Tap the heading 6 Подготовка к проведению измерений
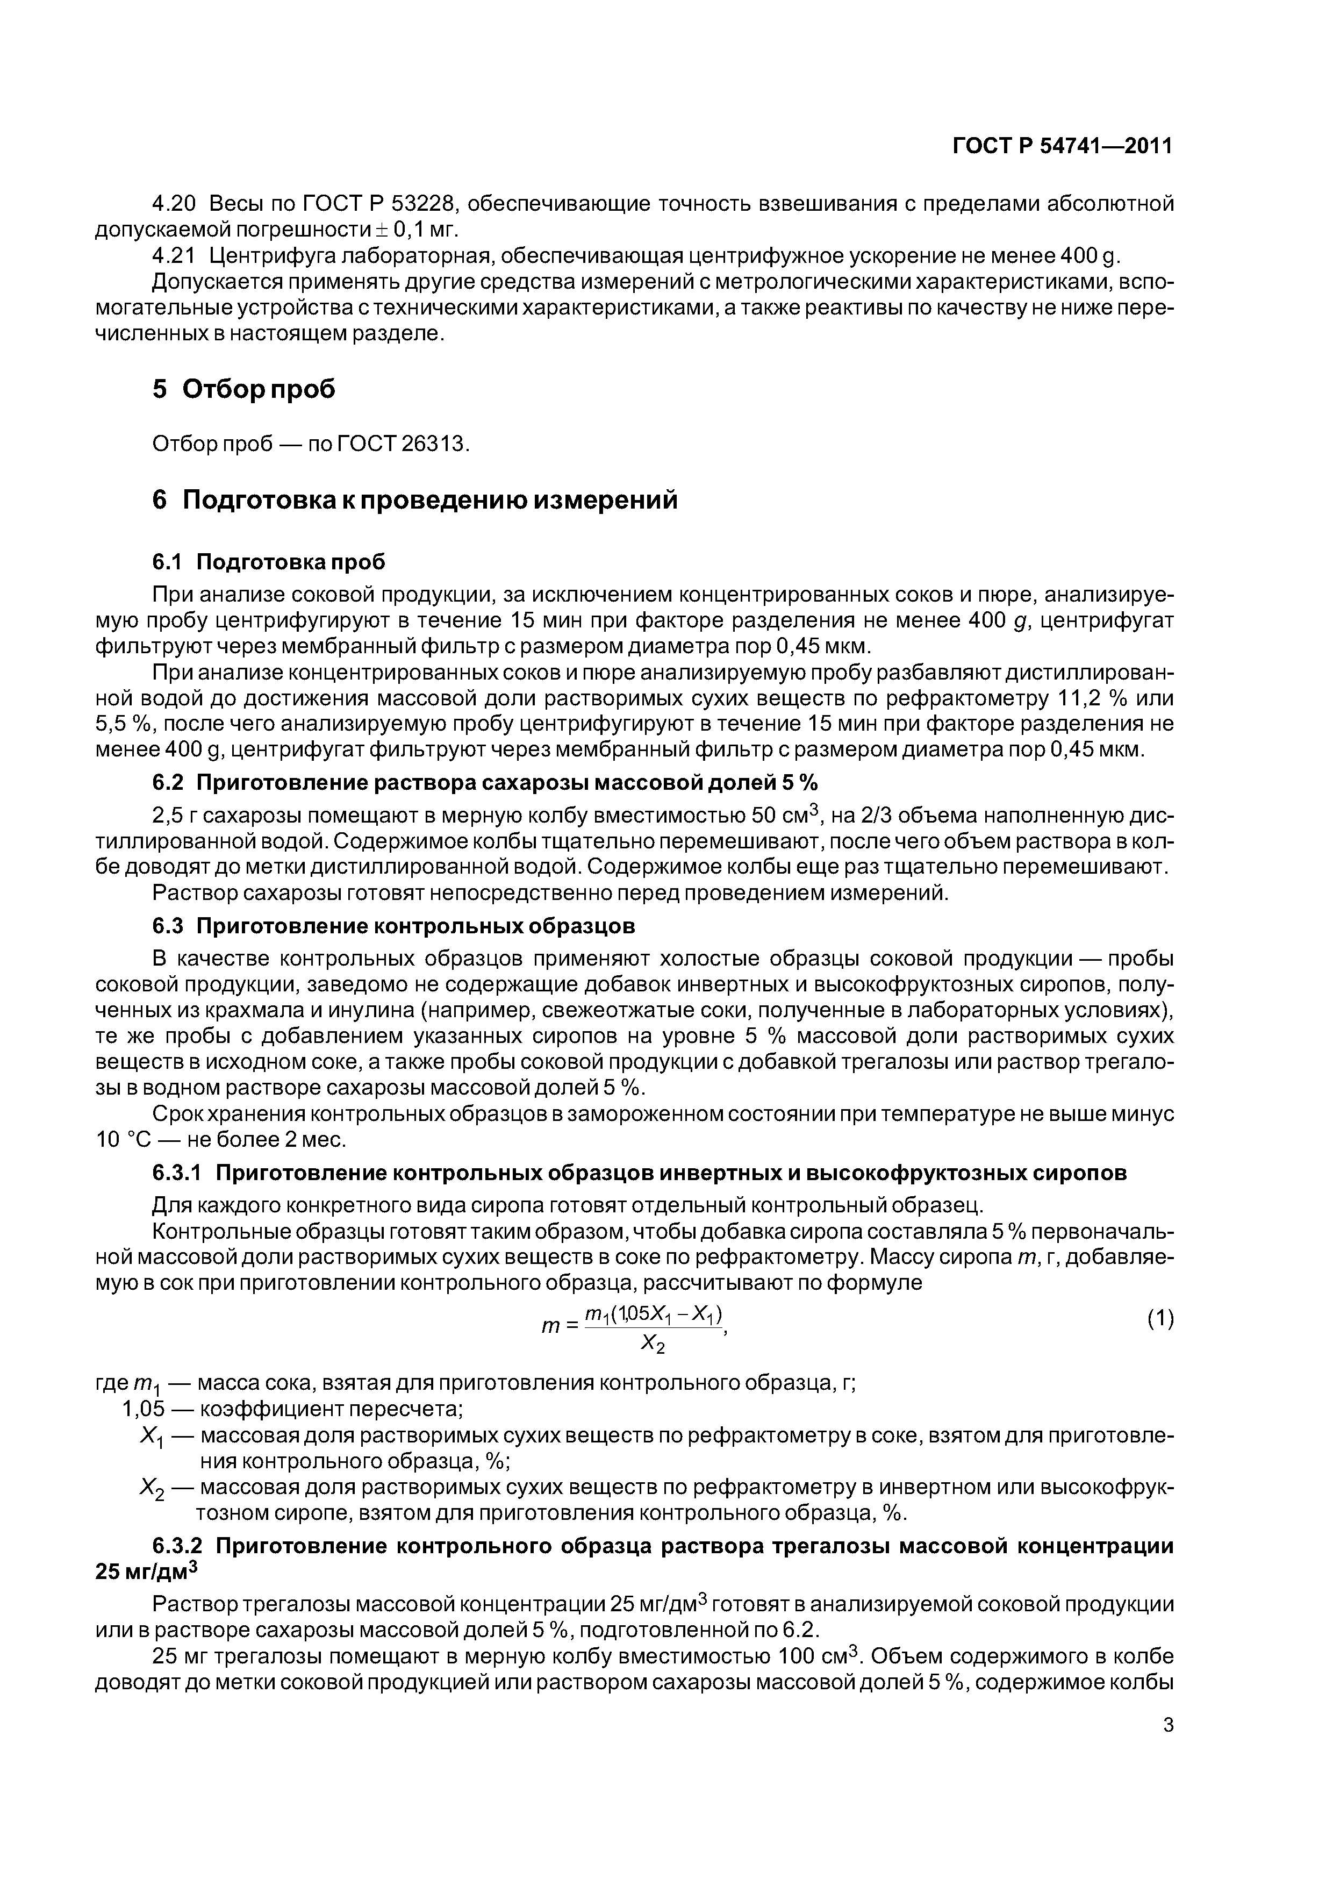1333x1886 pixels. pos(415,499)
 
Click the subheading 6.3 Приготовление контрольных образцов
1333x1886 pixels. pos(394,926)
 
